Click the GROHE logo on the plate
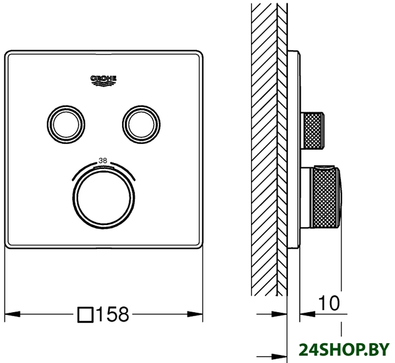pyautogui.click(x=104, y=81)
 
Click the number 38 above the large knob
pyautogui.click(x=103, y=160)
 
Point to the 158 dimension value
pyautogui.click(x=112, y=314)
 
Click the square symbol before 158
pyautogui.click(x=86, y=315)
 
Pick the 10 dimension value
pyautogui.click(x=329, y=303)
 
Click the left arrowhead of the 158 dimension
pyautogui.click(x=12, y=314)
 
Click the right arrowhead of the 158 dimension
pyautogui.click(x=196, y=314)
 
